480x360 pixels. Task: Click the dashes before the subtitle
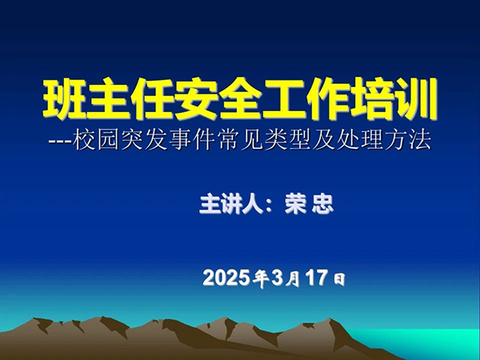coord(60,142)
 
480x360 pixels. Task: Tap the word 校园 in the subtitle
coord(96,141)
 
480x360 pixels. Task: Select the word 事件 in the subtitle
coord(192,141)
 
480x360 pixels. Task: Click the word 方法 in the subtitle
coord(408,141)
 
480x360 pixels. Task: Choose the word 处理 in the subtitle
coord(360,141)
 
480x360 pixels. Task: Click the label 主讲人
coord(231,204)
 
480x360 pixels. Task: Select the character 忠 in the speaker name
coord(322,204)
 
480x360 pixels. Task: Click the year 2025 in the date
coord(225,278)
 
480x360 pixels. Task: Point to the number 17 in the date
coord(317,278)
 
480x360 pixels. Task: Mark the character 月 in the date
coord(293,280)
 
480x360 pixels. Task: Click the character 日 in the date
coord(339,280)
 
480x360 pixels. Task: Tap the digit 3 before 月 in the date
coord(277,278)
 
